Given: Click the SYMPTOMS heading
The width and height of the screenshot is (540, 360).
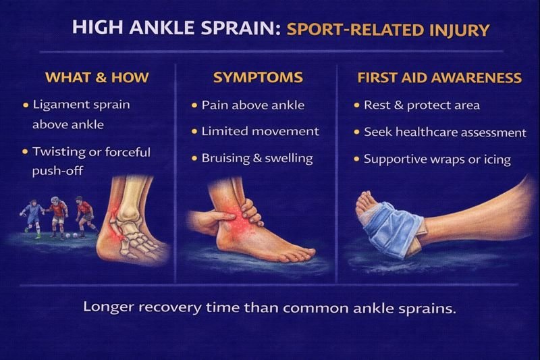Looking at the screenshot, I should (x=257, y=78).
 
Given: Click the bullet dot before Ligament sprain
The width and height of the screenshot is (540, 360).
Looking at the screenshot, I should (x=26, y=105).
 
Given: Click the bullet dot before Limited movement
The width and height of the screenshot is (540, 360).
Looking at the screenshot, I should (x=194, y=132).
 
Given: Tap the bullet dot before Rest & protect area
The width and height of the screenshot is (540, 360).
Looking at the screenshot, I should (x=356, y=106).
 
